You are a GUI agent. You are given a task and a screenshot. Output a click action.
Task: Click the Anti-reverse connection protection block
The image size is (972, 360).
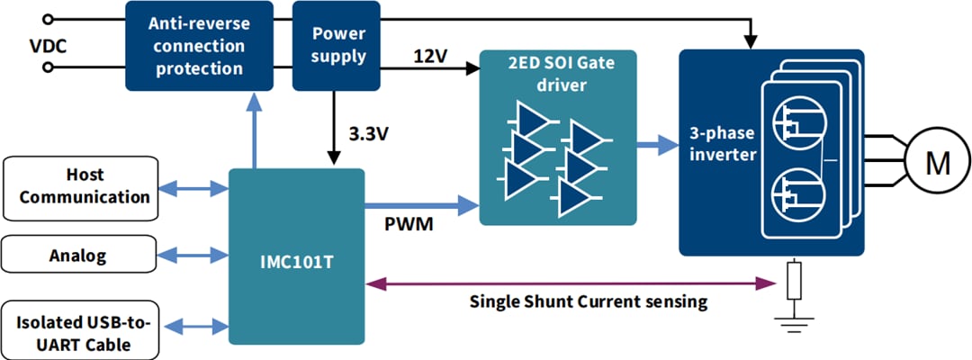tap(200, 45)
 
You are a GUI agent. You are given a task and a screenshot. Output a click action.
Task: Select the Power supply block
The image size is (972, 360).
tap(337, 45)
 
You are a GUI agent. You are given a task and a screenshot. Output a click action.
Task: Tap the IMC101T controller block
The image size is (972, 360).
tap(296, 256)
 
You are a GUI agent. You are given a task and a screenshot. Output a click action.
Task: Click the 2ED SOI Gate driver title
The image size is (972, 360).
tap(558, 73)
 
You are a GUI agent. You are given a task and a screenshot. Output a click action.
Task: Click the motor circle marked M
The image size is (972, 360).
tap(938, 163)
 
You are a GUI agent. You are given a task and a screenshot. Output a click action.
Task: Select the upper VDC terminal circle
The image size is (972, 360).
tap(47, 18)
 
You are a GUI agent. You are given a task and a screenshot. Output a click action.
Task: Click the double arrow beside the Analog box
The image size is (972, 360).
tap(193, 256)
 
